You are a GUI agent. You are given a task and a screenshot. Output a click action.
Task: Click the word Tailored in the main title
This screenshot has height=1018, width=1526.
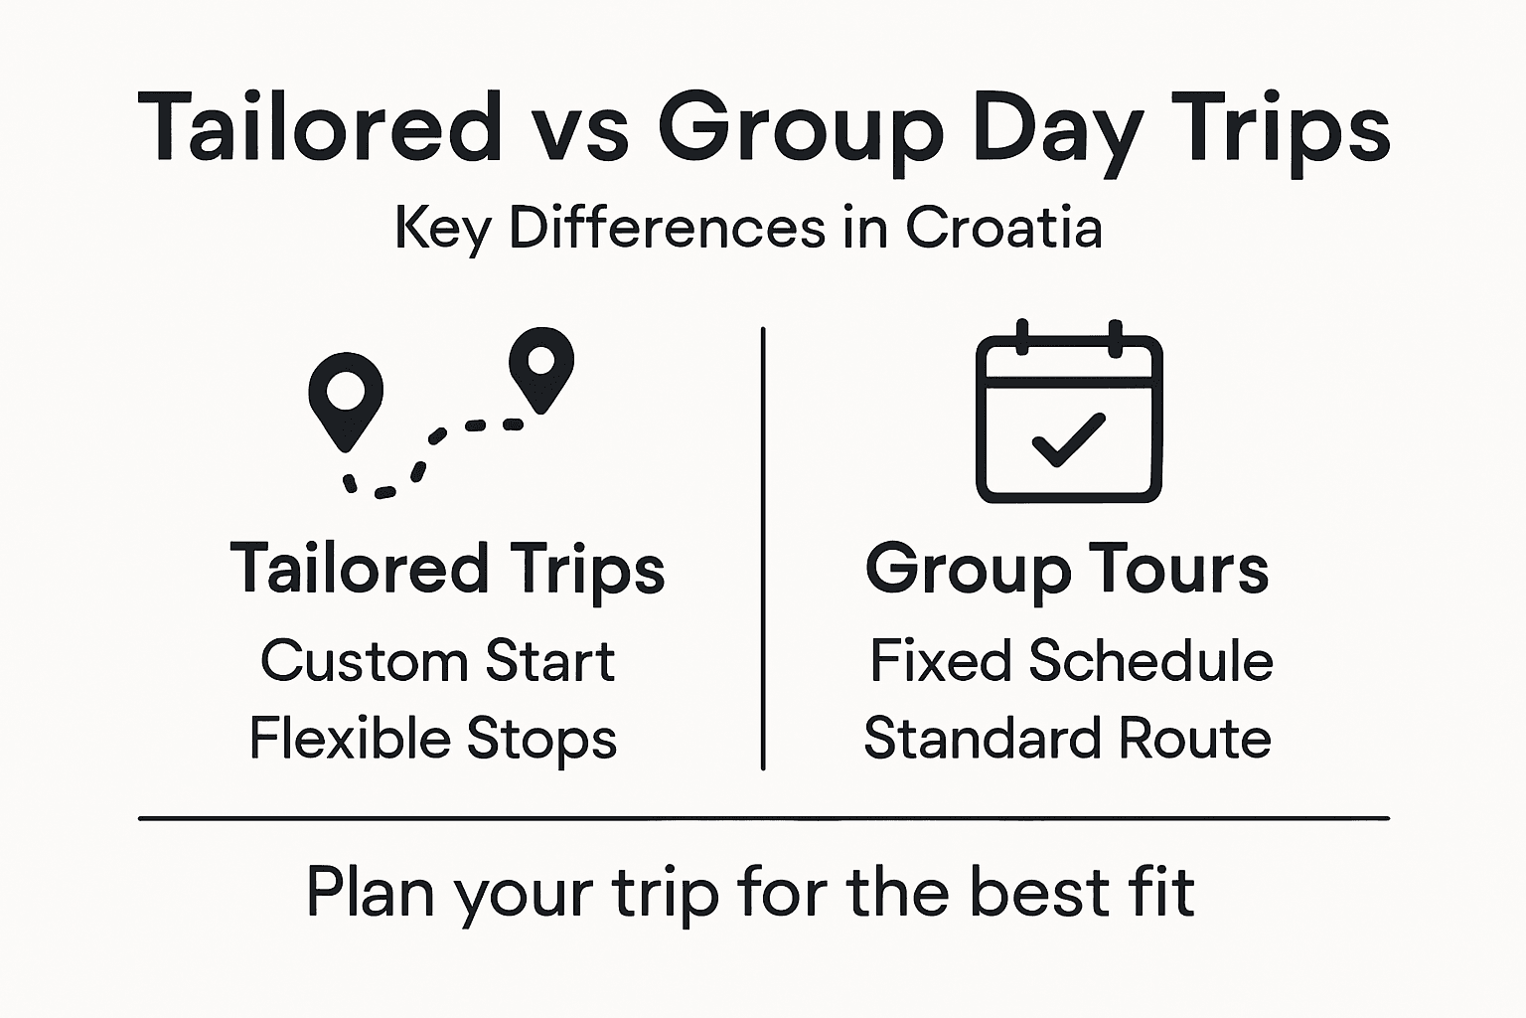(x=320, y=127)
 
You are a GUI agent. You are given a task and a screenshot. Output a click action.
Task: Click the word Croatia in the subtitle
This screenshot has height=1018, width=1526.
(x=1003, y=227)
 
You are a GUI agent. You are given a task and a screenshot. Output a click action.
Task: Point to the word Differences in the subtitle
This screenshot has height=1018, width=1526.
(x=667, y=227)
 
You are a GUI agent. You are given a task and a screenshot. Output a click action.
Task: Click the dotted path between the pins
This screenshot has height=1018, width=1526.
(x=427, y=447)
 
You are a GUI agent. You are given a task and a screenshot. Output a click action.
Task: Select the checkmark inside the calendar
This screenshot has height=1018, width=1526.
(x=1068, y=438)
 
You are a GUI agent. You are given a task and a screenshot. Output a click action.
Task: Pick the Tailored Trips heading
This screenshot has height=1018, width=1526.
(x=447, y=570)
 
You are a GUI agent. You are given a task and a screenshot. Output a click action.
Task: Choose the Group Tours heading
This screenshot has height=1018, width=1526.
(x=1067, y=570)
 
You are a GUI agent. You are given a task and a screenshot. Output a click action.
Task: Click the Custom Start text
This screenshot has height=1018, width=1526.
(x=438, y=661)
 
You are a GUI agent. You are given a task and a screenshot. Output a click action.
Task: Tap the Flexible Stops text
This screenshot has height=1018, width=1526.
(x=433, y=739)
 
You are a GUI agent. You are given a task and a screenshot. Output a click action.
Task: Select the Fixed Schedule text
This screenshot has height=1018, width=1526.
(x=1071, y=661)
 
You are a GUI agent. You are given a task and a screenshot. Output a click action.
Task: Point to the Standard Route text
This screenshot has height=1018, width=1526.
(x=1068, y=739)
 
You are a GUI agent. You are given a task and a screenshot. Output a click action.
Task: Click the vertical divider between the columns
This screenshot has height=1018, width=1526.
(x=763, y=547)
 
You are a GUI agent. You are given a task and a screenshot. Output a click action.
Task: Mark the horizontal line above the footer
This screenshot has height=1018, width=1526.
(x=763, y=818)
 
